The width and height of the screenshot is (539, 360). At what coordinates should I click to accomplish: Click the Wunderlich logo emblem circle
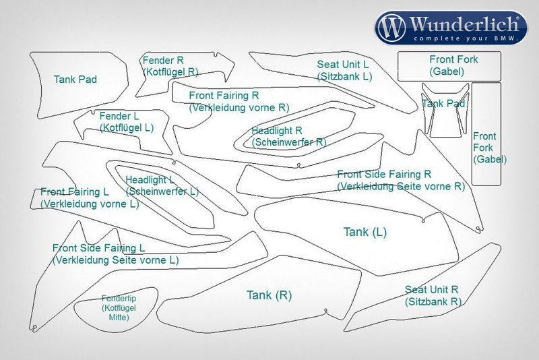tap(393, 28)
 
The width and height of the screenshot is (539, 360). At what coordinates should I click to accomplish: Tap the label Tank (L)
tap(365, 232)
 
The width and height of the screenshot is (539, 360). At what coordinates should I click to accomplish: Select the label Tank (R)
tap(269, 295)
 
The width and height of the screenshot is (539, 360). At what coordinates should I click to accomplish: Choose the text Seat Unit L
tap(343, 65)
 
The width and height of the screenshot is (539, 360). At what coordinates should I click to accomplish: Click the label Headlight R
tap(276, 130)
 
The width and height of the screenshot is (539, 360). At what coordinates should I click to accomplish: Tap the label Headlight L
tap(150, 179)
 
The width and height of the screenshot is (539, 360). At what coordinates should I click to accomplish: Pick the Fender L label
tap(119, 116)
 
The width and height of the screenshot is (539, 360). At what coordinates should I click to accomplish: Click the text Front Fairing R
tap(224, 96)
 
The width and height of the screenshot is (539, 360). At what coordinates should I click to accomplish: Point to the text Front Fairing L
tap(74, 192)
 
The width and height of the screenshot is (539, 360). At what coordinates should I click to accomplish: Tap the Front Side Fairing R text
tap(384, 174)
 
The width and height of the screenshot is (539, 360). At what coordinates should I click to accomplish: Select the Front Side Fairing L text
tap(99, 248)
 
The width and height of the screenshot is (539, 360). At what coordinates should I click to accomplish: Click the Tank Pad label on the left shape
tap(75, 80)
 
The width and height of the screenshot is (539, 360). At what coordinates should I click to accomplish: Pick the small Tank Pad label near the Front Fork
tap(443, 103)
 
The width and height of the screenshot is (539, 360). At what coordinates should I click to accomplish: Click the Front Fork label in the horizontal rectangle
tap(453, 59)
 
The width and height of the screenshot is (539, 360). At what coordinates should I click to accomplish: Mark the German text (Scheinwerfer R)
tap(289, 142)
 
